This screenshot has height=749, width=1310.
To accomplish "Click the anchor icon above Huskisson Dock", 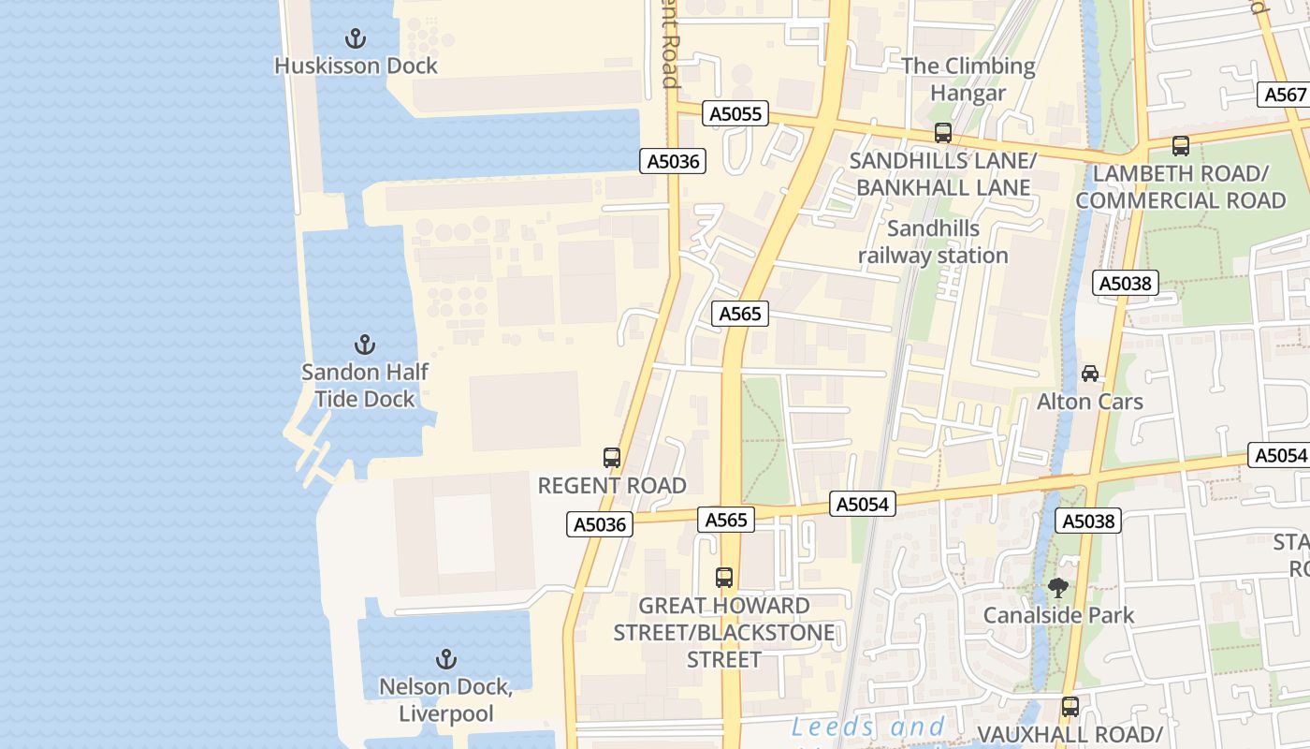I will [355, 38].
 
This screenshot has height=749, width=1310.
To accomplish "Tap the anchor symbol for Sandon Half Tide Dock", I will [364, 345].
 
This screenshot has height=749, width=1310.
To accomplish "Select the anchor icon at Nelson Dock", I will [446, 659].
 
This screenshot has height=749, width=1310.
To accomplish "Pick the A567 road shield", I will [1285, 95].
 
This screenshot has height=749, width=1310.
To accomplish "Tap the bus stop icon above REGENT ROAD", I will [612, 458].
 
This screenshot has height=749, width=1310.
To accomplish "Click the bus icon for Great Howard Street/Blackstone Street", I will [724, 578].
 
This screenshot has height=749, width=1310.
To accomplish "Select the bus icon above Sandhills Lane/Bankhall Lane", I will [942, 133].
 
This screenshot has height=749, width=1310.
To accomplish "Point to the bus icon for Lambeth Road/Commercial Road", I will [1181, 146].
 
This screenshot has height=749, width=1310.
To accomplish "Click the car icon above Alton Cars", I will [1090, 374].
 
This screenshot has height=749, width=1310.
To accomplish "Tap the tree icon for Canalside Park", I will [1058, 588].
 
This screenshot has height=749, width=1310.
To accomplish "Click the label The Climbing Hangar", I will [968, 80].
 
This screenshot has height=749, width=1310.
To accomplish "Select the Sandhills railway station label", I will [933, 242].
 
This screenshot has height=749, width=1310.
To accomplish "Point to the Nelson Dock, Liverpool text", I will [445, 700].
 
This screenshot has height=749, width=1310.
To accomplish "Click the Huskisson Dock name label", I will [356, 66].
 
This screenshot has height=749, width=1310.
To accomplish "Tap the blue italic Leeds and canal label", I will [868, 727].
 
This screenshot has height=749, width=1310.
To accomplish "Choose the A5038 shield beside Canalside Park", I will [1089, 521].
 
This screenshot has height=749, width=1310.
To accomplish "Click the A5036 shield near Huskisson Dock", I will [674, 161].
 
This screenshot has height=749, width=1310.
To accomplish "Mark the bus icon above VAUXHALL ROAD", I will [1070, 707].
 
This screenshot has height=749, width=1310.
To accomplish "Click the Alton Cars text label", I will [1089, 402].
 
